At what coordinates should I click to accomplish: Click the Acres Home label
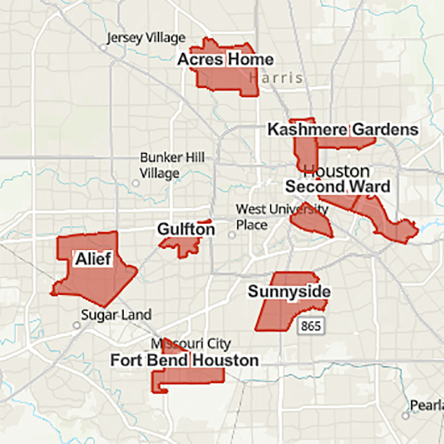[x=225, y=59]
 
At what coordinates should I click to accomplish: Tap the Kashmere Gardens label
[x=342, y=130]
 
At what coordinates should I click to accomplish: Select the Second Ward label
[x=337, y=186]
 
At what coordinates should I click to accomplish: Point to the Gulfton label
[x=186, y=229]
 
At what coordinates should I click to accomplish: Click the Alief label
[x=93, y=259]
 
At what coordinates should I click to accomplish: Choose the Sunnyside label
[x=289, y=292]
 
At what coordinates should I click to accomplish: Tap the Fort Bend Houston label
[x=184, y=360]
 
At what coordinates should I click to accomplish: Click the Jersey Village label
[x=146, y=38]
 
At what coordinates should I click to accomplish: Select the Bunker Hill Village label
[x=164, y=165]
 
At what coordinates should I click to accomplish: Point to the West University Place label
[x=281, y=216]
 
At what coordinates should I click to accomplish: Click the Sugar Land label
[x=116, y=315]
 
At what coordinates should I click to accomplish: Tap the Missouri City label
[x=190, y=344]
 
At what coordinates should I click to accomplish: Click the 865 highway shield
[x=310, y=326]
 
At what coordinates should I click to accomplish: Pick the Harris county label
[x=276, y=78]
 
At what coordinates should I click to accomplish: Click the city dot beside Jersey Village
[x=103, y=48]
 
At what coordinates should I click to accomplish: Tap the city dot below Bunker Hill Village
[x=135, y=183]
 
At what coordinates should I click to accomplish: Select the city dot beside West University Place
[x=231, y=235]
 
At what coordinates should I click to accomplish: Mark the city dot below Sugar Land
[x=77, y=325]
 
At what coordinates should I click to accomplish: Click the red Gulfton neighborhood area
[x=180, y=244]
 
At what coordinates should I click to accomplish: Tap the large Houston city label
[x=336, y=171]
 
